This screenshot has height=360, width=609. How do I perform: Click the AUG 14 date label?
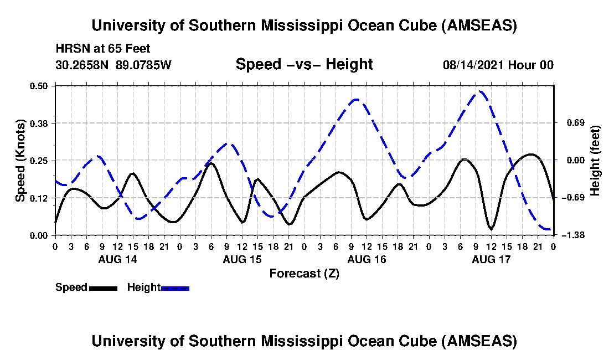tap(117, 259)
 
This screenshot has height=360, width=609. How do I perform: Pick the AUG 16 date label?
tap(366, 259)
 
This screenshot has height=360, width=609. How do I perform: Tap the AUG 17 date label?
tap(491, 259)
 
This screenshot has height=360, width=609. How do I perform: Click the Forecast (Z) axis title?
tap(304, 273)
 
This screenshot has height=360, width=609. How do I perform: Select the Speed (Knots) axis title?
tap(20, 161)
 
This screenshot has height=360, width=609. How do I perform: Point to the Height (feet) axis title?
tap(595, 161)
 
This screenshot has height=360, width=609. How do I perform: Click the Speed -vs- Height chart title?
tap(304, 64)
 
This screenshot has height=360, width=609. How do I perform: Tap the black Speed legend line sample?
tap(102, 288)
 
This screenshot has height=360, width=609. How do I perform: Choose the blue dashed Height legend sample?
tap(175, 288)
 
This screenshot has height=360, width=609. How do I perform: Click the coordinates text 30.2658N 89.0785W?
tap(113, 65)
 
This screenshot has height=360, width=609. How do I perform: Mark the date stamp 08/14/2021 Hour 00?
tap(498, 65)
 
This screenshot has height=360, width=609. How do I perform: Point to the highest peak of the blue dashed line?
tap(480, 91)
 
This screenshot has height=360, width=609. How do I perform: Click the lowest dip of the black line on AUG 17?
tap(491, 229)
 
